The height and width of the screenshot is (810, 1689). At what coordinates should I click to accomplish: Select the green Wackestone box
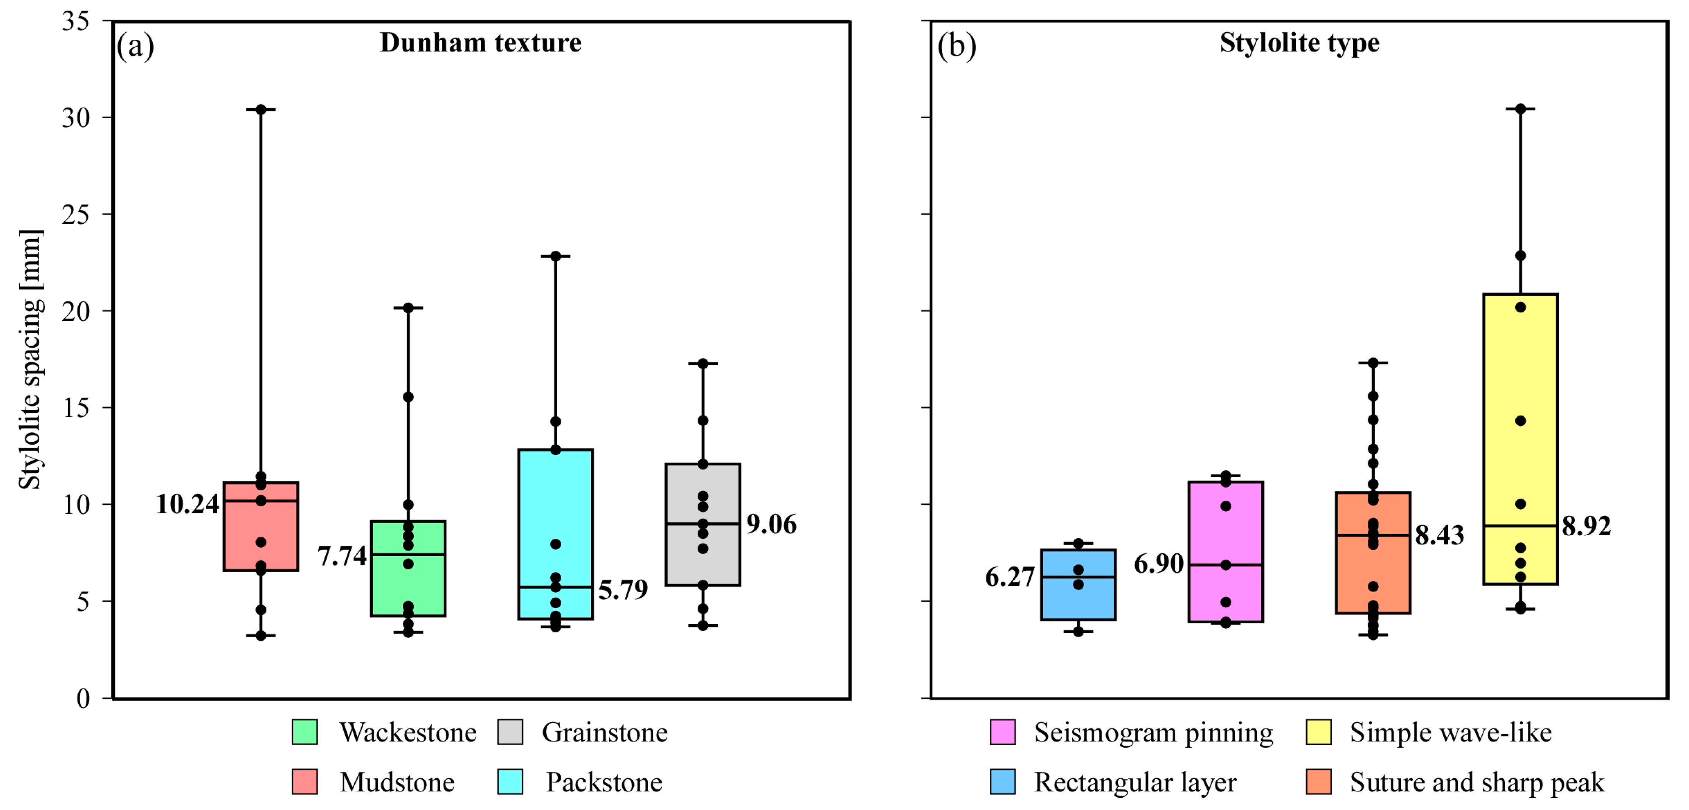pyautogui.click(x=408, y=568)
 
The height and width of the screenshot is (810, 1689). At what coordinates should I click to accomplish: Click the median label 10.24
pyautogui.click(x=187, y=504)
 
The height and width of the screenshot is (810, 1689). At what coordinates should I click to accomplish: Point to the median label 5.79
pyautogui.click(x=623, y=590)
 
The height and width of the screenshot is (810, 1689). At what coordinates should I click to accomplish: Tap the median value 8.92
pyautogui.click(x=1586, y=526)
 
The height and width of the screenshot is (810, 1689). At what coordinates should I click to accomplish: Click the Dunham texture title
pyautogui.click(x=481, y=43)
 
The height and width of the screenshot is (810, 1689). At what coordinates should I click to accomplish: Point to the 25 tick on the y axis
pyautogui.click(x=75, y=214)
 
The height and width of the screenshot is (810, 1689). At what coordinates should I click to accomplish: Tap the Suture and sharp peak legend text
pyautogui.click(x=1477, y=782)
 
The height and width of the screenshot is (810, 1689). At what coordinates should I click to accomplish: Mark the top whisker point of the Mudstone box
pyautogui.click(x=260, y=109)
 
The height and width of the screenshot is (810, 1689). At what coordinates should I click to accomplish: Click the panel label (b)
pyautogui.click(x=957, y=46)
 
